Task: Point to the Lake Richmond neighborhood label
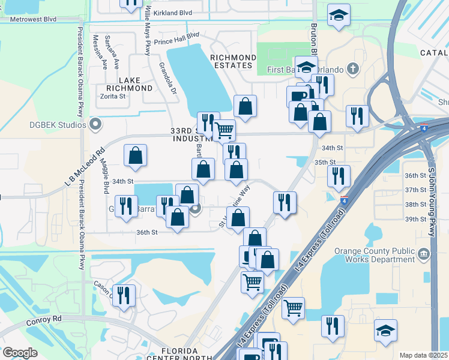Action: coord(127,84)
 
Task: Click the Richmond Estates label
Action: coord(233,61)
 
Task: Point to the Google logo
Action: coord(20,353)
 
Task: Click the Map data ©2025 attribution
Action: coord(423,355)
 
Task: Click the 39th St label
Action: coord(415,219)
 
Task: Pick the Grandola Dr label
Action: coord(167,78)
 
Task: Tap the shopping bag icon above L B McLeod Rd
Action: coord(136,155)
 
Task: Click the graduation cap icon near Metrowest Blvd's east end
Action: coord(339,15)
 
